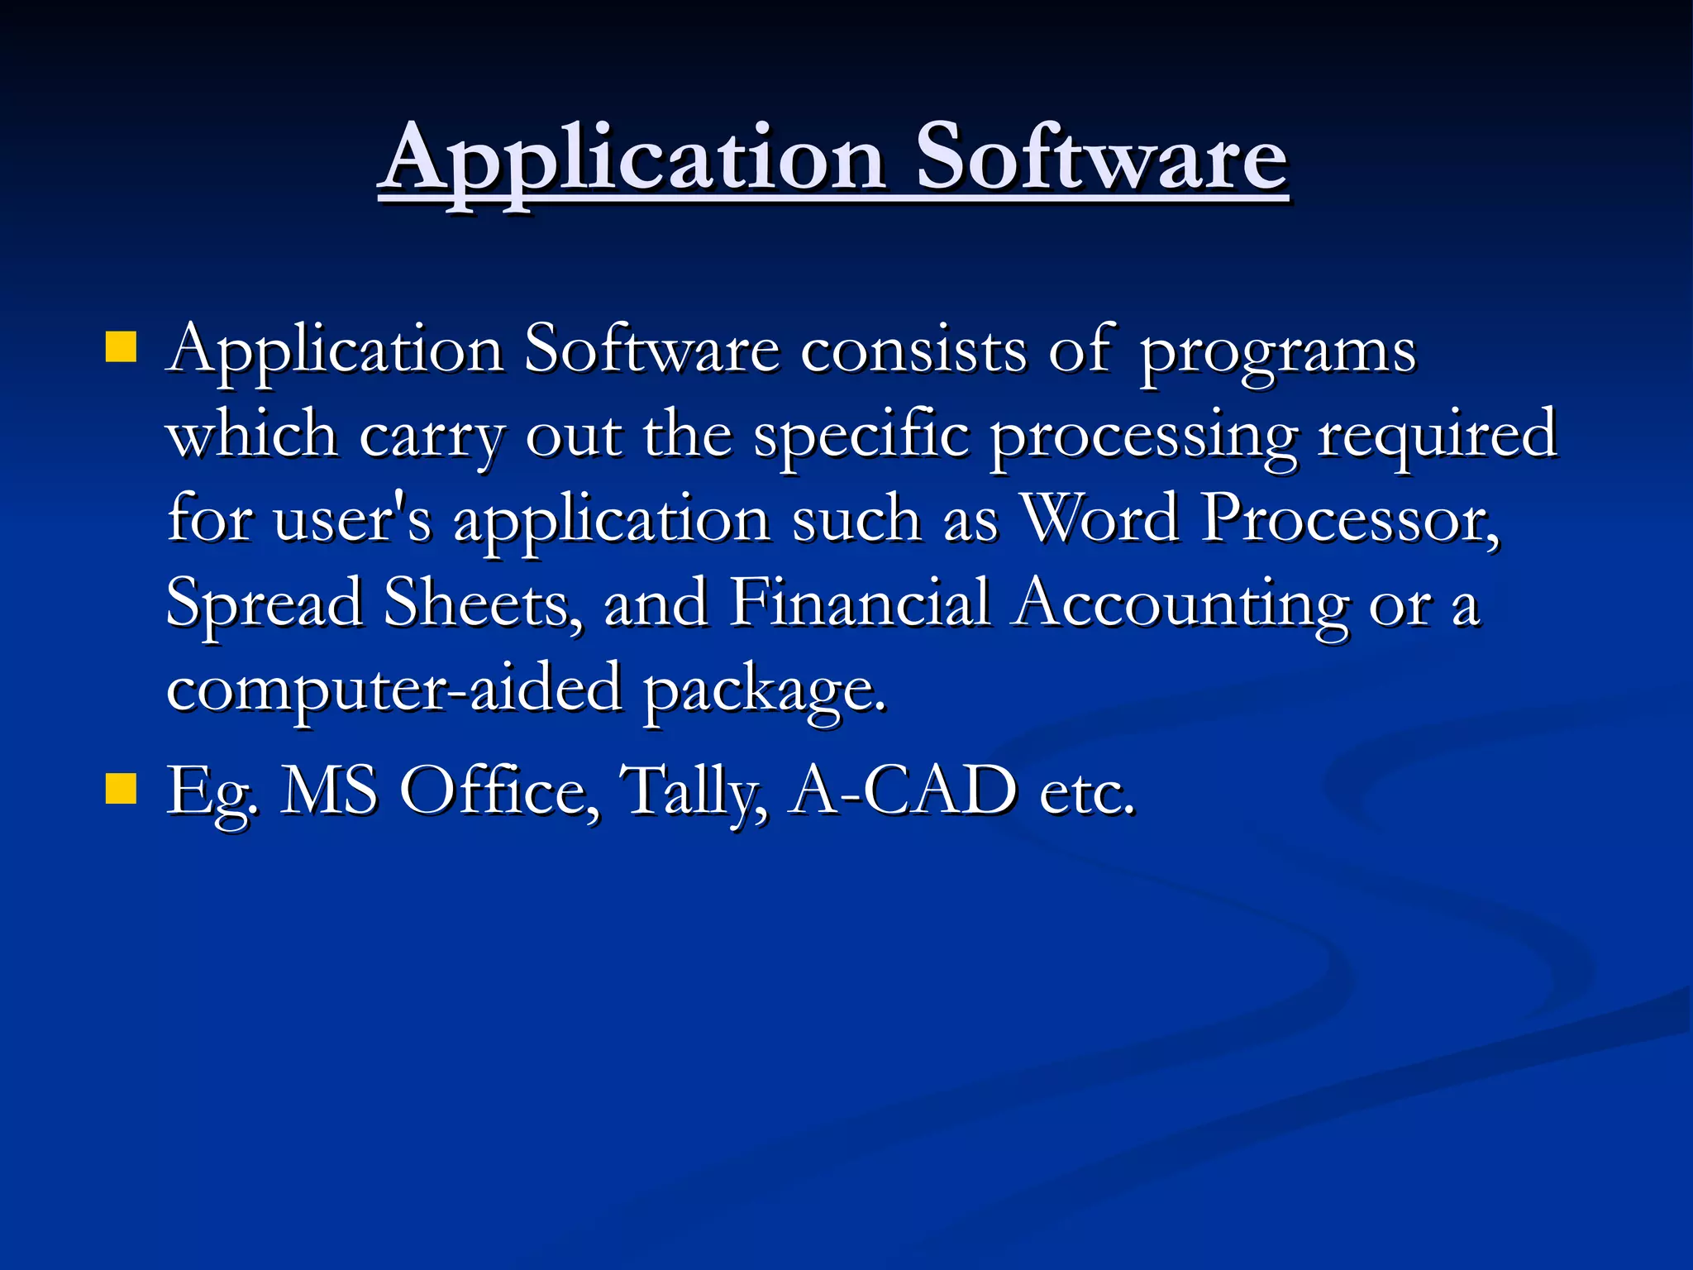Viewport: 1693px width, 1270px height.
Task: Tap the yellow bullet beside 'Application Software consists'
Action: tap(121, 348)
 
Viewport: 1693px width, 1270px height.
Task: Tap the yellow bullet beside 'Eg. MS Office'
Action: tap(121, 789)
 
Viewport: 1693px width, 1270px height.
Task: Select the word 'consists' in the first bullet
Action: tap(913, 351)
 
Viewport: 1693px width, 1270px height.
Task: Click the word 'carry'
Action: tap(431, 437)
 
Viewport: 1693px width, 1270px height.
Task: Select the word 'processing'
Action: tap(1144, 437)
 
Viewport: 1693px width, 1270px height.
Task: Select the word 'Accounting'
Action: tap(1181, 604)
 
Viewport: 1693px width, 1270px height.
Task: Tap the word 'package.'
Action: tap(765, 690)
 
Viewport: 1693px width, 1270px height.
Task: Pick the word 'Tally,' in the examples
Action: tap(694, 792)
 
